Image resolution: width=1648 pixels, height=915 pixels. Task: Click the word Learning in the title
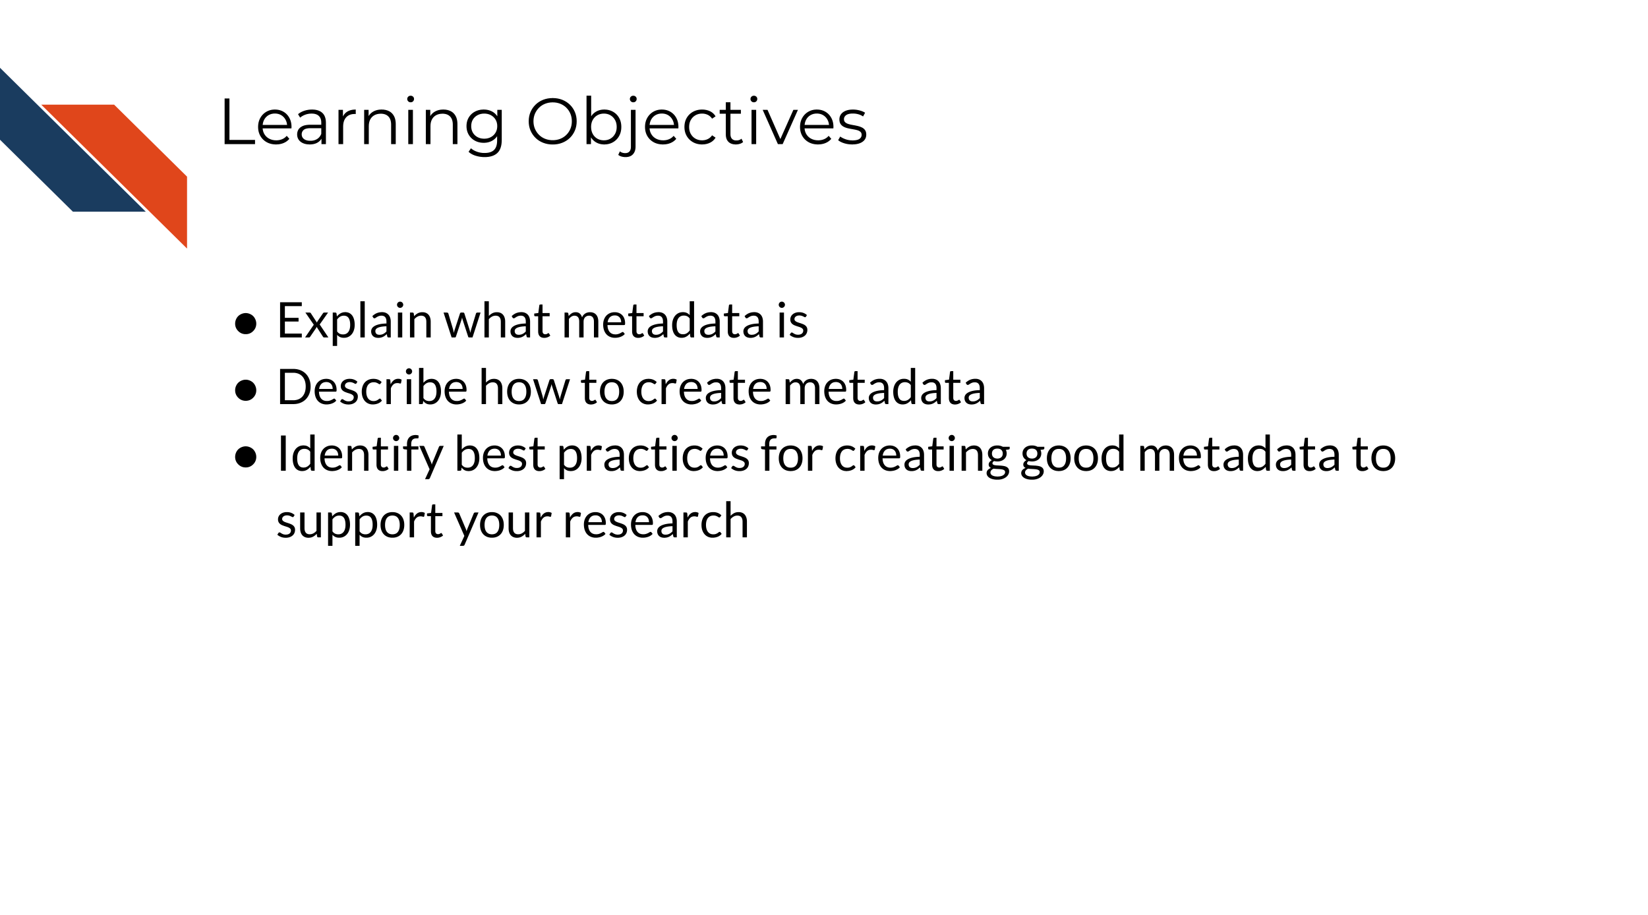[x=362, y=123]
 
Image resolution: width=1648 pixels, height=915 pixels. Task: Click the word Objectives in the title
[x=696, y=123]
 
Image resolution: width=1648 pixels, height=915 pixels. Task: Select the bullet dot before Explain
[x=245, y=324]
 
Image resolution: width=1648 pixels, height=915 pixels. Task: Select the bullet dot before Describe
[x=245, y=390]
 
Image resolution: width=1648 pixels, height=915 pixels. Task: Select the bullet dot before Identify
[x=245, y=457]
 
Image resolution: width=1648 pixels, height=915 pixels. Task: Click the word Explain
[x=354, y=321]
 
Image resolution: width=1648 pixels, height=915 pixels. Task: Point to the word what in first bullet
[x=496, y=321]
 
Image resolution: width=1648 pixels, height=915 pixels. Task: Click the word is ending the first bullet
[x=792, y=321]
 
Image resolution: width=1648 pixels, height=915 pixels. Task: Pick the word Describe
[x=372, y=388]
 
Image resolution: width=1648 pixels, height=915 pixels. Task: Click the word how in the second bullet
[x=523, y=388]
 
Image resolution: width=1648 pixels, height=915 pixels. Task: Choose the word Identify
[x=360, y=455]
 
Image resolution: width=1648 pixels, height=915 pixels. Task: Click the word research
[x=656, y=521]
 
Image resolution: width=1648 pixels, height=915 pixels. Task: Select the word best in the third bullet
[x=500, y=455]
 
